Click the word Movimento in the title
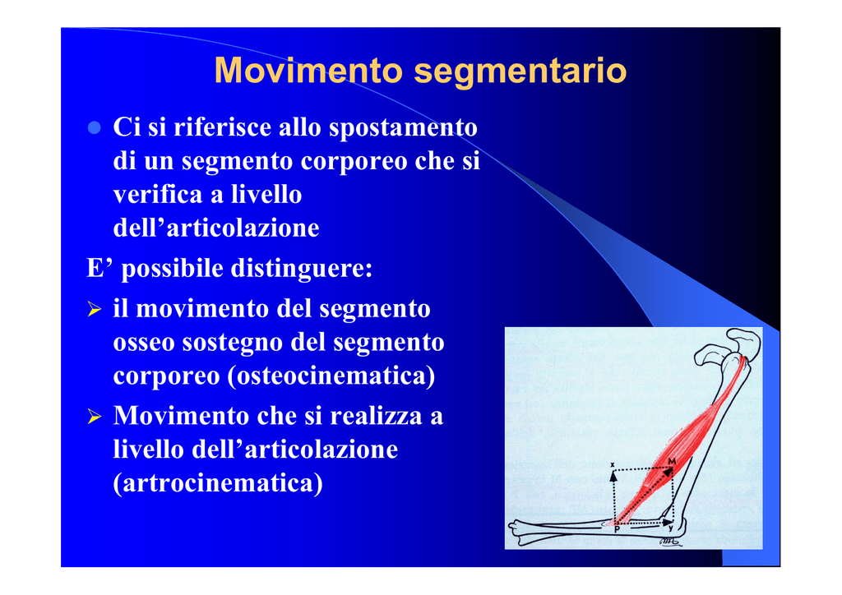pyautogui.click(x=308, y=71)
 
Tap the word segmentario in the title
pyautogui.click(x=520, y=71)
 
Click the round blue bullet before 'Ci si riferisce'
pyautogui.click(x=95, y=127)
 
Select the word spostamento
pyautogui.click(x=403, y=128)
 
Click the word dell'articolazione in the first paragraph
pyautogui.click(x=216, y=228)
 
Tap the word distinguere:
pyautogui.click(x=302, y=268)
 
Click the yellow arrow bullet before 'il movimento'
pyautogui.click(x=94, y=309)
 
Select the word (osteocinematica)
pyautogui.click(x=331, y=376)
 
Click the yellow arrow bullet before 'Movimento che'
pyautogui.click(x=94, y=417)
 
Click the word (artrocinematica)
pyautogui.click(x=218, y=483)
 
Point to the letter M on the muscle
pyautogui.click(x=672, y=461)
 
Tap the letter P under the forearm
pyautogui.click(x=617, y=529)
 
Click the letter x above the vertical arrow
pyautogui.click(x=612, y=464)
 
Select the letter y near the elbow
pyautogui.click(x=671, y=528)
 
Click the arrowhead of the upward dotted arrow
pyautogui.click(x=613, y=476)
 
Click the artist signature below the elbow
pyautogui.click(x=671, y=542)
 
